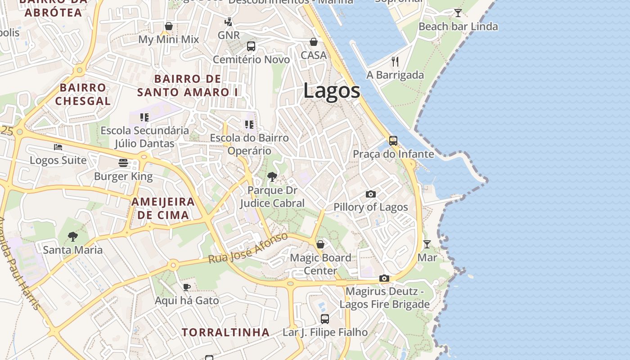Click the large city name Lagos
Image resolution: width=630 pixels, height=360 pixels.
click(332, 91)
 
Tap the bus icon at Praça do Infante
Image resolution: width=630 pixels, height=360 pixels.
click(393, 141)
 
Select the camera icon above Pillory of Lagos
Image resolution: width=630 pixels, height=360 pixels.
click(370, 194)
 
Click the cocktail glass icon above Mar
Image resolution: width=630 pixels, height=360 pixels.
click(427, 244)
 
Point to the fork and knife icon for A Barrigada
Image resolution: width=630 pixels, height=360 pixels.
click(395, 61)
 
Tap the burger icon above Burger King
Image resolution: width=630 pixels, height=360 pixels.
click(123, 163)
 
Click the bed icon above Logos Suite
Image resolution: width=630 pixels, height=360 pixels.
click(58, 147)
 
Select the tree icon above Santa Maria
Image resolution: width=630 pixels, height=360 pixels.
click(72, 236)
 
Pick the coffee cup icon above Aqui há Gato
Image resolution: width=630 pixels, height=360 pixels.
click(187, 287)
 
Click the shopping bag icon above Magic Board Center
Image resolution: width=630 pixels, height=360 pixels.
click(320, 244)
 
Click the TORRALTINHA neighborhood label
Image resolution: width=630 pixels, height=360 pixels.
click(225, 333)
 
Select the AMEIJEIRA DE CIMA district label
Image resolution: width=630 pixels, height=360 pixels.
click(163, 208)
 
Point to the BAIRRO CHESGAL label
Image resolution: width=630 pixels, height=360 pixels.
click(83, 94)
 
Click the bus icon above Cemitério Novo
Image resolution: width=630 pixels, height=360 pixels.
click(251, 46)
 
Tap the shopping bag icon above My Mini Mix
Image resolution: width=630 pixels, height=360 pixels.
click(169, 26)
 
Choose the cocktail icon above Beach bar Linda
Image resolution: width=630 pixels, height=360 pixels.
click(458, 13)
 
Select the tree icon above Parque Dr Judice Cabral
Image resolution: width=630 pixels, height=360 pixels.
click(272, 177)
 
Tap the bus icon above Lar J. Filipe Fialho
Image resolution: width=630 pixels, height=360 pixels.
click(325, 319)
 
